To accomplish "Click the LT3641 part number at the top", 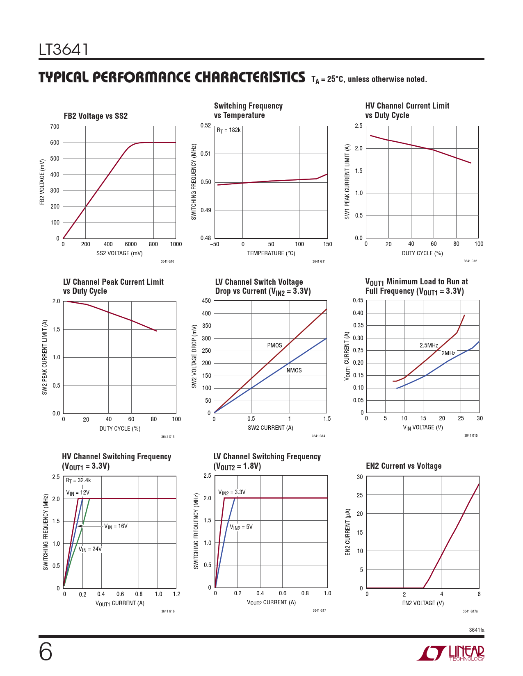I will [x=64, y=50].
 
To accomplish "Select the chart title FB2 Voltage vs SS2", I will [x=96, y=116].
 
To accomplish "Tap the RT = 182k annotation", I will [x=228, y=130].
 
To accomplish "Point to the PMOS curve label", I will [x=274, y=345].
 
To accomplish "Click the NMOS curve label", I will [x=294, y=370].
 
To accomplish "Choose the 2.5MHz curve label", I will [x=429, y=345].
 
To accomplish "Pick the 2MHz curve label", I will [x=448, y=353].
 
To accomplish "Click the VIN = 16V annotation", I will [x=116, y=526].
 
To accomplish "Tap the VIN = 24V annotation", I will [x=90, y=549].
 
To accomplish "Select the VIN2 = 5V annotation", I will [x=241, y=527].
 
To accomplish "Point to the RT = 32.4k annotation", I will [x=78, y=480].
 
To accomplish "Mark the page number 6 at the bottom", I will [x=46, y=652].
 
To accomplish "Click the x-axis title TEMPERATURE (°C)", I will [x=271, y=253].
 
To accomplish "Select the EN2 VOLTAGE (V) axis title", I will [x=423, y=603].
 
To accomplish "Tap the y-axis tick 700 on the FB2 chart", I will [x=55, y=127].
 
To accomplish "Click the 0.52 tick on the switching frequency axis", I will [x=206, y=125].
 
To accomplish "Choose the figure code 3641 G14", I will [x=318, y=436].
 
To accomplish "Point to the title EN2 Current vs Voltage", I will [x=404, y=466].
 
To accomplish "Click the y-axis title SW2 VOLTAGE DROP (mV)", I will [x=194, y=356].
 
